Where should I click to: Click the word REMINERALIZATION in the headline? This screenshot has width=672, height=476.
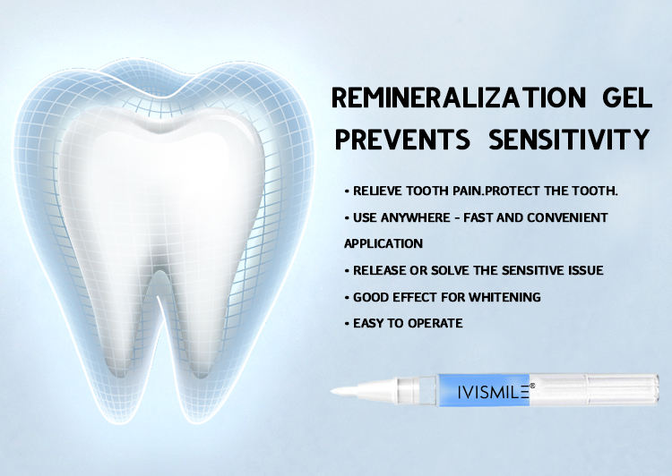[459, 98]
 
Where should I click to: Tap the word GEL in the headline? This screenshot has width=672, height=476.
[627, 98]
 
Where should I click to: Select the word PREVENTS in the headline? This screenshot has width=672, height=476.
[402, 139]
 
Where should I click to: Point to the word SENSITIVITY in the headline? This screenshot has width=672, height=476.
[569, 139]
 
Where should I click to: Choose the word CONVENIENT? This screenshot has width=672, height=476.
[567, 217]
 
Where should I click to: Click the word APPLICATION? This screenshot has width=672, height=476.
[383, 243]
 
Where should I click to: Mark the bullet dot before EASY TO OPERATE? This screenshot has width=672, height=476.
[347, 324]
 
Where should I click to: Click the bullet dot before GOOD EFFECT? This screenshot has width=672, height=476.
[347, 297]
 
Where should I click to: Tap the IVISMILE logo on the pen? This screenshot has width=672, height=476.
[493, 392]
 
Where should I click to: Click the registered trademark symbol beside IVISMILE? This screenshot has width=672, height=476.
[532, 386]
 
